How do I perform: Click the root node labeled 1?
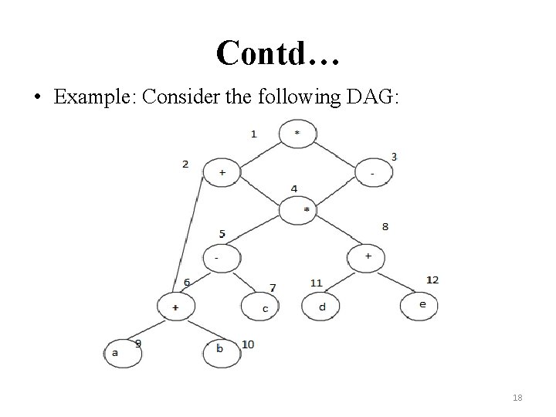(298, 133)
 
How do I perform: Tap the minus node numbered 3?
(374, 173)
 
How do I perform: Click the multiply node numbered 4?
(307, 209)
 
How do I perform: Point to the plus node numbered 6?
(176, 307)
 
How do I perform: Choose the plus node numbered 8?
(368, 256)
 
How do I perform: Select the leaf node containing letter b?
(221, 349)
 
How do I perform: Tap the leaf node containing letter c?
(265, 308)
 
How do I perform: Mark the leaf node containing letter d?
(323, 307)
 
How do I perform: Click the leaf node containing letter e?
(421, 305)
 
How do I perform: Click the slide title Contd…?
(278, 52)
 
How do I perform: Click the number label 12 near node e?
(432, 280)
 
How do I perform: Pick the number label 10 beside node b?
(248, 344)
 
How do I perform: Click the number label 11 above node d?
(316, 283)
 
